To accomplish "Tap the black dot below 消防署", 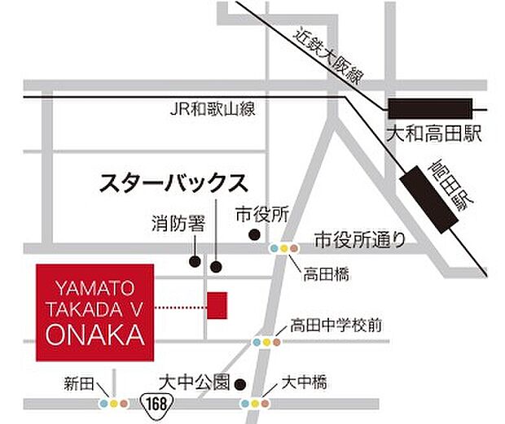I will coord(194,261).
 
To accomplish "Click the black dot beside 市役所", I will coord(254,236).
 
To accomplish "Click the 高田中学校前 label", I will coord(336,327).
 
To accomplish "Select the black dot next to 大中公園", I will coord(240,383).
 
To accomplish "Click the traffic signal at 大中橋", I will coord(255,403).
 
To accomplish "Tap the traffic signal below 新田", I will coord(113,403).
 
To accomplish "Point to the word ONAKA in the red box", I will coord(94,333).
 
